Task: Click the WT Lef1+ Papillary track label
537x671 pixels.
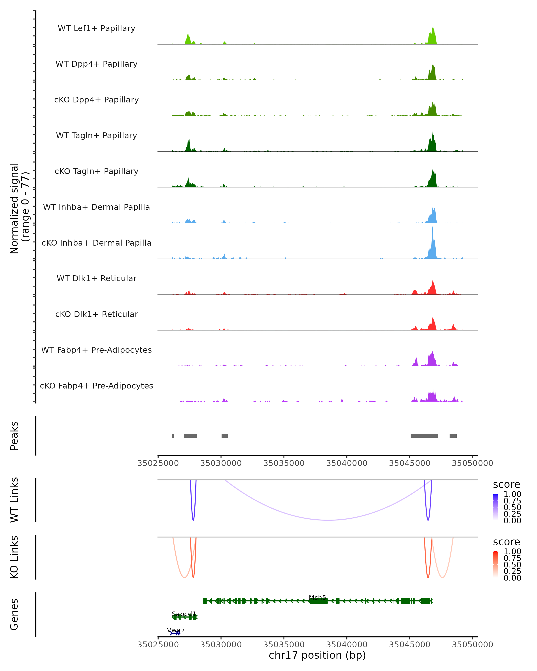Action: click(x=96, y=28)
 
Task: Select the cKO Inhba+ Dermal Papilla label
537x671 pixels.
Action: click(x=96, y=243)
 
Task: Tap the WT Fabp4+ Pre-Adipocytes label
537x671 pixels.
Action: click(x=96, y=350)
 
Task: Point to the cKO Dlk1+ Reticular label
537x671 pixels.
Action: click(x=96, y=314)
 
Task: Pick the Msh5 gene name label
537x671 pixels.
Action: click(x=317, y=598)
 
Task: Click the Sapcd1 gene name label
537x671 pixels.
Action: click(x=184, y=614)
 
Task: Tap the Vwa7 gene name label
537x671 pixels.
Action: click(x=176, y=630)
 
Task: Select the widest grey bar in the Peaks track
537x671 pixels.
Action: click(x=424, y=436)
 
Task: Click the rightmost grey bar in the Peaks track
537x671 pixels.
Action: click(x=453, y=436)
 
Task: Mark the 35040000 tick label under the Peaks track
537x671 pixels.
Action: click(x=347, y=463)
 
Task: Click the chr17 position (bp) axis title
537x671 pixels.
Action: click(x=317, y=655)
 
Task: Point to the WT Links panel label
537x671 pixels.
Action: click(x=14, y=500)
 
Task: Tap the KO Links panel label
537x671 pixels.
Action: click(x=14, y=557)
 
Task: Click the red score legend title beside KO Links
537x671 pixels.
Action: click(x=506, y=542)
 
